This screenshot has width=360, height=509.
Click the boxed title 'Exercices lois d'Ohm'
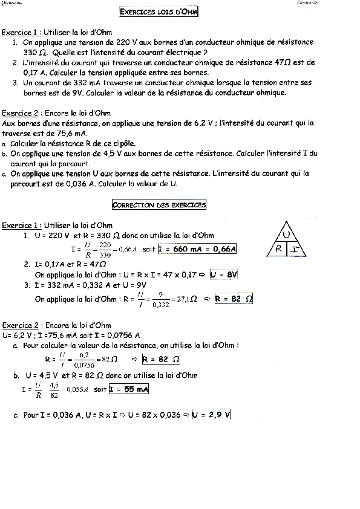pos(160,11)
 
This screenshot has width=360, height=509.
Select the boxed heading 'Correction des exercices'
pos(160,205)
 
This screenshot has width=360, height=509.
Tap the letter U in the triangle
pos(289,235)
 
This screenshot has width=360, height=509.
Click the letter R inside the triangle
pos(279,248)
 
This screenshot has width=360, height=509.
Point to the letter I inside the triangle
pos(296,248)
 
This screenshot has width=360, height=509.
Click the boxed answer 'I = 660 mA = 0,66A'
pos(197,248)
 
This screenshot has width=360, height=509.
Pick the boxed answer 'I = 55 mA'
pos(129,389)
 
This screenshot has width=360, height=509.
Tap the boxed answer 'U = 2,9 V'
pos(212,415)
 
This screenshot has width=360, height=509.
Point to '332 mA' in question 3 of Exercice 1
pos(82,83)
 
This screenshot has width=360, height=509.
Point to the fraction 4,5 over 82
pos(54,389)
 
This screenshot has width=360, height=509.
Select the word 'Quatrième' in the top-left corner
pos(12,2)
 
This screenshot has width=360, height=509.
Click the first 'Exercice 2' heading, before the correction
pos(21,112)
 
